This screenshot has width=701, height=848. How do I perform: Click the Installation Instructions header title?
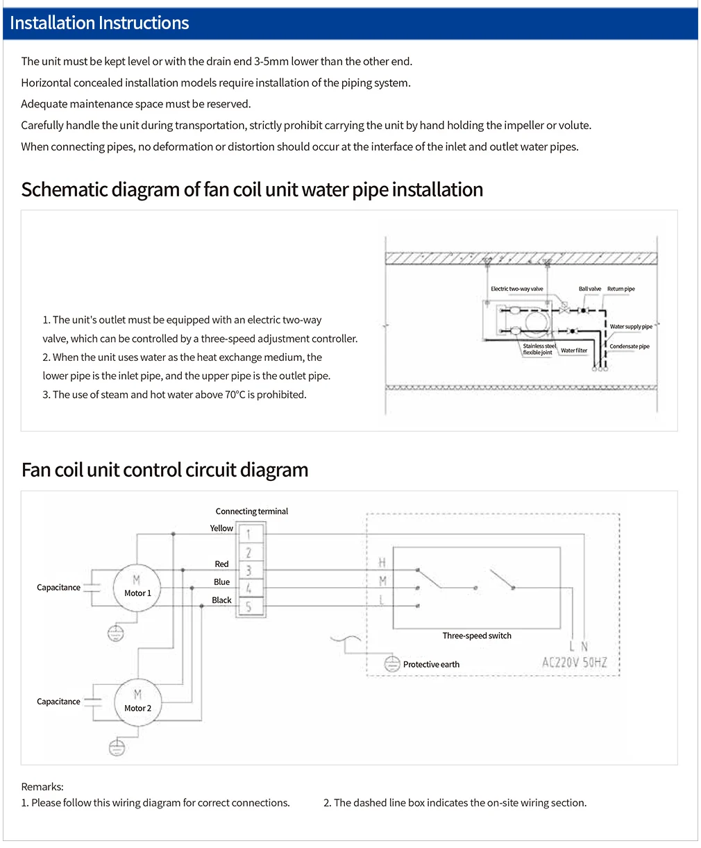(x=99, y=23)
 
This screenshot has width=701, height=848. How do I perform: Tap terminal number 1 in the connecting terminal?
(x=248, y=534)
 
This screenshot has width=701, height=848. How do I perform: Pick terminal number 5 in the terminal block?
(x=248, y=607)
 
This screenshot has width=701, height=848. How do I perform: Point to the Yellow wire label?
(x=221, y=528)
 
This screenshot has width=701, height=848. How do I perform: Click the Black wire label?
(x=221, y=600)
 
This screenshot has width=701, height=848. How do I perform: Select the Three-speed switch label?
(x=477, y=636)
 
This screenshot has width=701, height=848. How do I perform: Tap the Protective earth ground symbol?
(x=392, y=663)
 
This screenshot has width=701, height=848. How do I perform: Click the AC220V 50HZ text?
(x=574, y=663)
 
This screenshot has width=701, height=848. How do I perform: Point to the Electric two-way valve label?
(x=516, y=289)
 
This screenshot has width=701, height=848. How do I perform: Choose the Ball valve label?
(x=590, y=289)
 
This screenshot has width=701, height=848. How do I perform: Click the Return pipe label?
(x=620, y=289)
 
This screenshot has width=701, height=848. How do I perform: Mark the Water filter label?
(x=574, y=350)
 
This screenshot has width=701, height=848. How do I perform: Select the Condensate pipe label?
(x=629, y=346)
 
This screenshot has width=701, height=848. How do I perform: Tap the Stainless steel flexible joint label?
(x=539, y=349)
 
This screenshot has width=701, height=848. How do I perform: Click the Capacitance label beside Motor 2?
(x=58, y=702)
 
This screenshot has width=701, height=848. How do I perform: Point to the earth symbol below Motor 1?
(x=116, y=633)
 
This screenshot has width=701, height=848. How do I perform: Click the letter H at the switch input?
(x=382, y=563)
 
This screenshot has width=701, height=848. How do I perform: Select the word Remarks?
(x=42, y=787)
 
